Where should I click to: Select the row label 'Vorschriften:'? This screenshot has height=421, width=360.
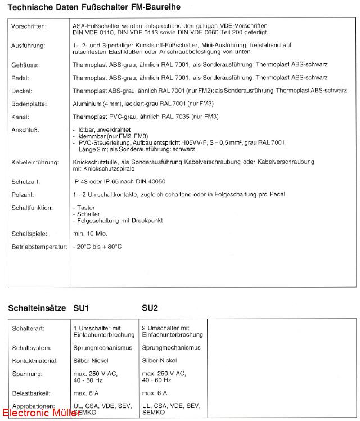click(x=29, y=26)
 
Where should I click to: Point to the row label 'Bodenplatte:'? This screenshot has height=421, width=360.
click(x=29, y=104)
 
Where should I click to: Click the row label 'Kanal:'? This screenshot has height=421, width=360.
click(x=21, y=117)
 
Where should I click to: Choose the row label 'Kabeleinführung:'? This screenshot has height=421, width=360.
click(x=35, y=162)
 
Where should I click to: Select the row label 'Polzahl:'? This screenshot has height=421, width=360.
click(x=24, y=194)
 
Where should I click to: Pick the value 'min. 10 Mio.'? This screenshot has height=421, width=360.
click(x=90, y=234)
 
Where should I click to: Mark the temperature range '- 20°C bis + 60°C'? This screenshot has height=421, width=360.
click(x=97, y=247)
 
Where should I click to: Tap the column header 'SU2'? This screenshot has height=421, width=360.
click(x=150, y=308)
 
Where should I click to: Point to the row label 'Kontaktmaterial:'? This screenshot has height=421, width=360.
click(x=32, y=360)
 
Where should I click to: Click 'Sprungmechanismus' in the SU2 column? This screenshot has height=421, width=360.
click(x=171, y=348)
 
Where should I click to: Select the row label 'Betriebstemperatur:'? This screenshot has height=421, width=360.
click(x=39, y=247)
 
